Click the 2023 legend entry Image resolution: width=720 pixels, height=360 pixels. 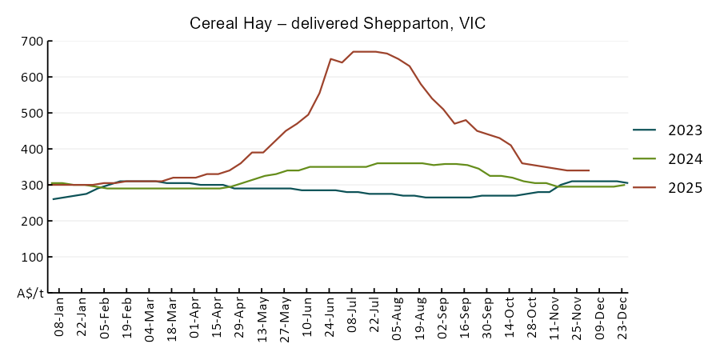(685, 130)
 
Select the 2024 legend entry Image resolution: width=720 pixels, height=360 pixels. (685, 159)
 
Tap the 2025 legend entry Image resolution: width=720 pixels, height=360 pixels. (685, 188)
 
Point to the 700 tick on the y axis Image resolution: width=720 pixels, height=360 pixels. (32, 41)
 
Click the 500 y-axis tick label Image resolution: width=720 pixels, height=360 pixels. (32, 113)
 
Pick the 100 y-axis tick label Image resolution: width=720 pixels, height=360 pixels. (32, 257)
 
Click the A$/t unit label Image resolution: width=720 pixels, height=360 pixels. (30, 294)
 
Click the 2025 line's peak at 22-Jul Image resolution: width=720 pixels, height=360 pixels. (375, 51)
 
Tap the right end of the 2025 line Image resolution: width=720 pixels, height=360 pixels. (589, 170)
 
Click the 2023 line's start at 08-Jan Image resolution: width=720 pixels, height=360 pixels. (53, 199)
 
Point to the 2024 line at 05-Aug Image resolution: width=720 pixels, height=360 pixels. (398, 163)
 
